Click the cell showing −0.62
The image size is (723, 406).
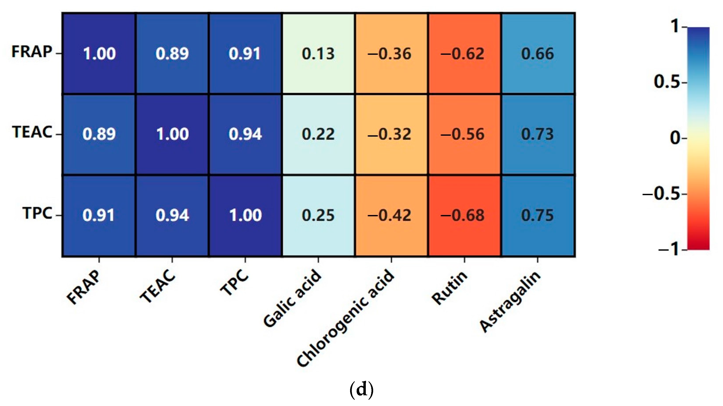[x=464, y=53]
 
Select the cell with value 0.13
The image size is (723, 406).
[x=318, y=53]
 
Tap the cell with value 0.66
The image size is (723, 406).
[x=537, y=53]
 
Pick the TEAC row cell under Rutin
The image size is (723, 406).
[x=464, y=134]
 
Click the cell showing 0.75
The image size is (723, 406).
[x=537, y=215]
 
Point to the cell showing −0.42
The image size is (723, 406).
[x=391, y=215]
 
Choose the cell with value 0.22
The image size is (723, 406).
[x=318, y=134]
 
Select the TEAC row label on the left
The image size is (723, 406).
[x=32, y=132]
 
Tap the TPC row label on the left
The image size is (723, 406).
[x=37, y=213]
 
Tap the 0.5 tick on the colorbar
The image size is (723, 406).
[x=667, y=82]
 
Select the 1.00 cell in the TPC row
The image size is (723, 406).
[x=245, y=215]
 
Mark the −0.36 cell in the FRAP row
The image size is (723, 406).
[x=391, y=53]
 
